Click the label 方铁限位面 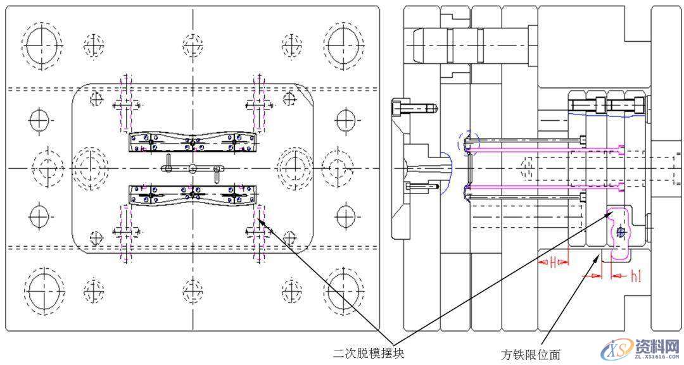point(530,354)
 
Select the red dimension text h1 point(636,276)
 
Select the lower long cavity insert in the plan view point(194,194)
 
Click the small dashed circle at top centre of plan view point(193,44)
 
